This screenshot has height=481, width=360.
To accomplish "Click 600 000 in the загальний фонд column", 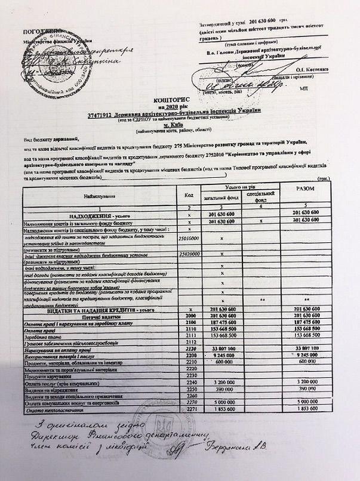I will [224, 362].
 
